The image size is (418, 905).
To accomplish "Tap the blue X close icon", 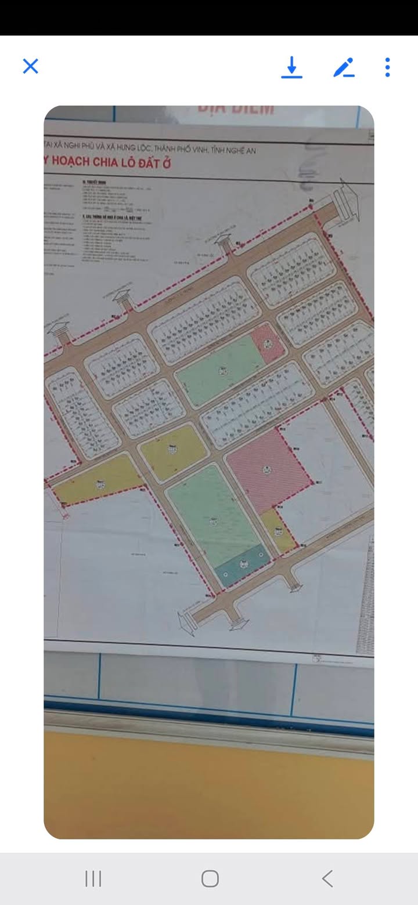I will point(30,66).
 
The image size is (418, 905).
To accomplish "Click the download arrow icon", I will point(292,67).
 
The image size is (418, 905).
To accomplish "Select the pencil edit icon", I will point(344,68).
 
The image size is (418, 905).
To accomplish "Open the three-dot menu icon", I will point(387,67).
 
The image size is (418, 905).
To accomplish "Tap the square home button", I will point(210,878).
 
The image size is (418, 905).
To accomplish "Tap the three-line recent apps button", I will point(93,878).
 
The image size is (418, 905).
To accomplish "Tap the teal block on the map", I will point(242,564).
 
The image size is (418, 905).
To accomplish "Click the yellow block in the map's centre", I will point(173,450).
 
